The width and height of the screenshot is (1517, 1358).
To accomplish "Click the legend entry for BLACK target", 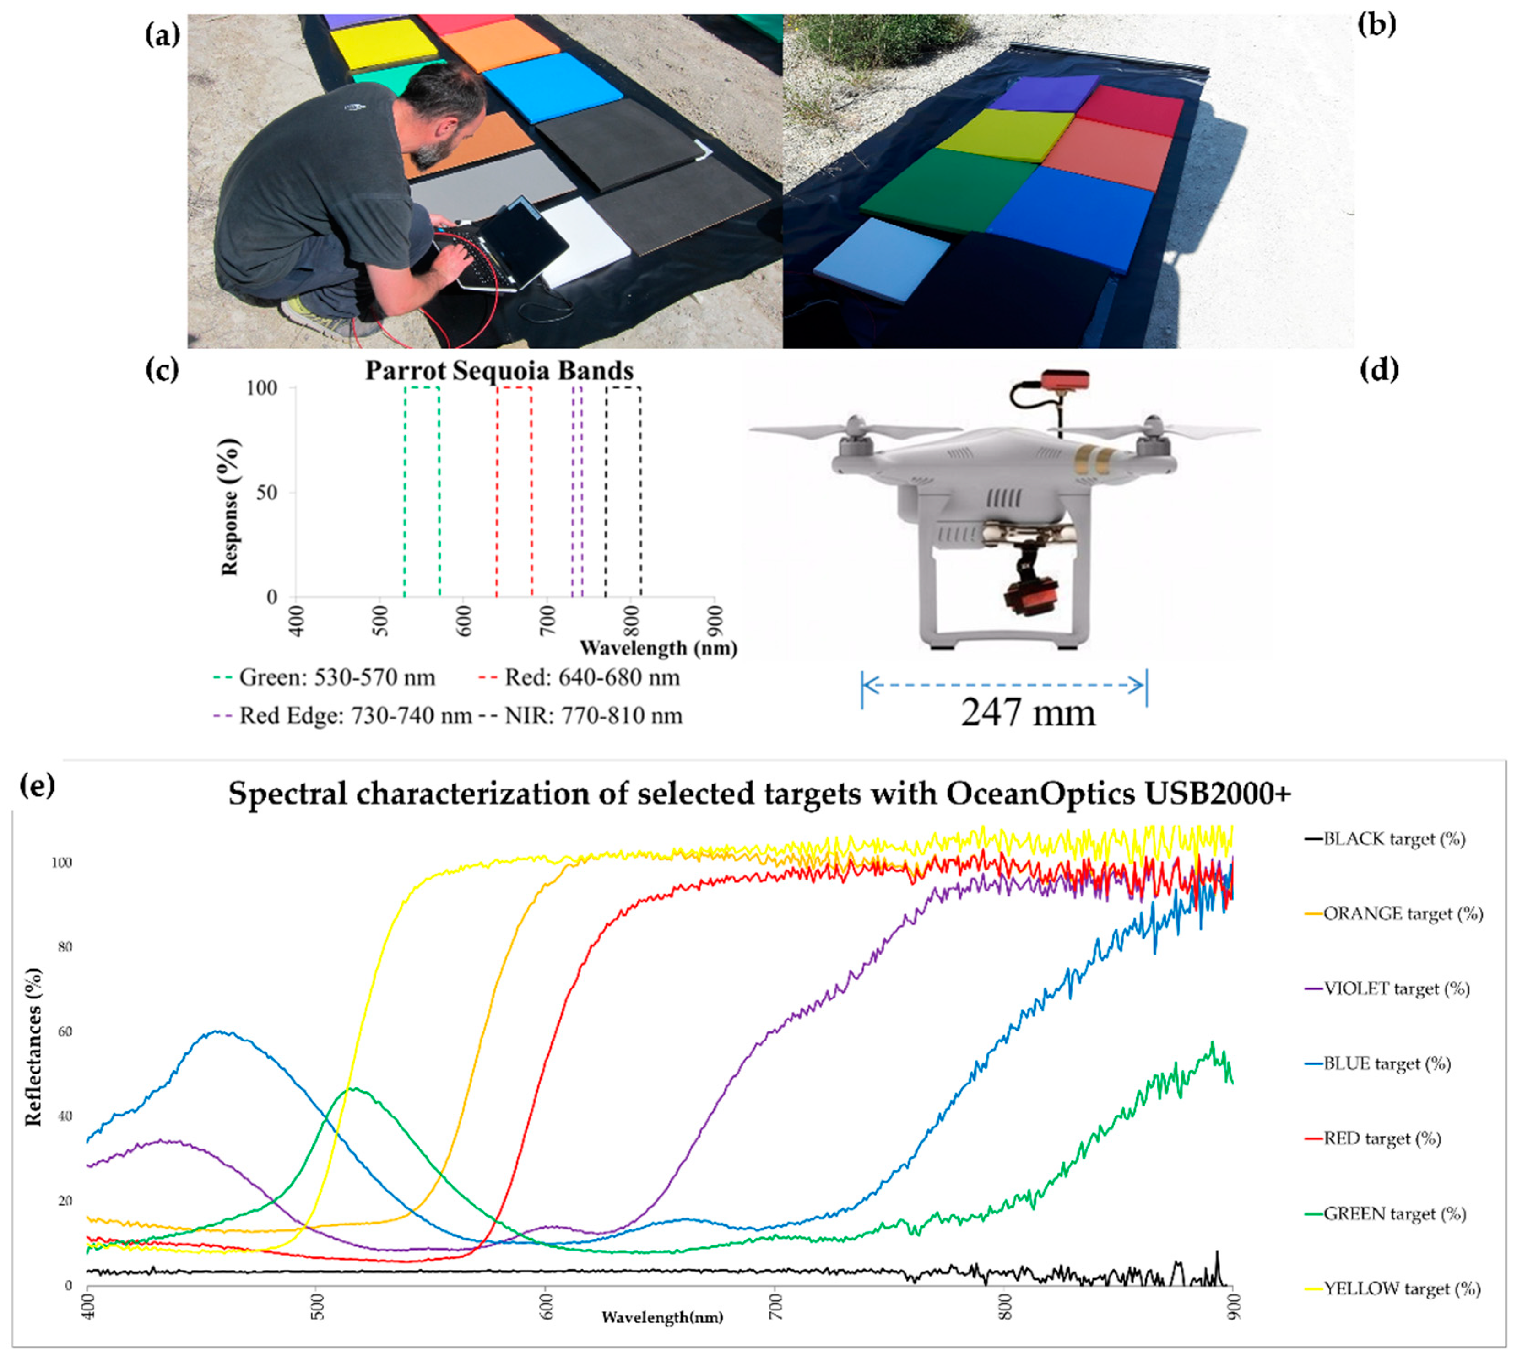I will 1393,839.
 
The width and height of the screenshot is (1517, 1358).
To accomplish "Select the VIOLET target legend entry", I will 1395,989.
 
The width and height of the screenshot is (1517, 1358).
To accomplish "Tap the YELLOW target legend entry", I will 1401,1288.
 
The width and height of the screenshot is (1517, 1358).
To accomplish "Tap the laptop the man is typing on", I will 515,242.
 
